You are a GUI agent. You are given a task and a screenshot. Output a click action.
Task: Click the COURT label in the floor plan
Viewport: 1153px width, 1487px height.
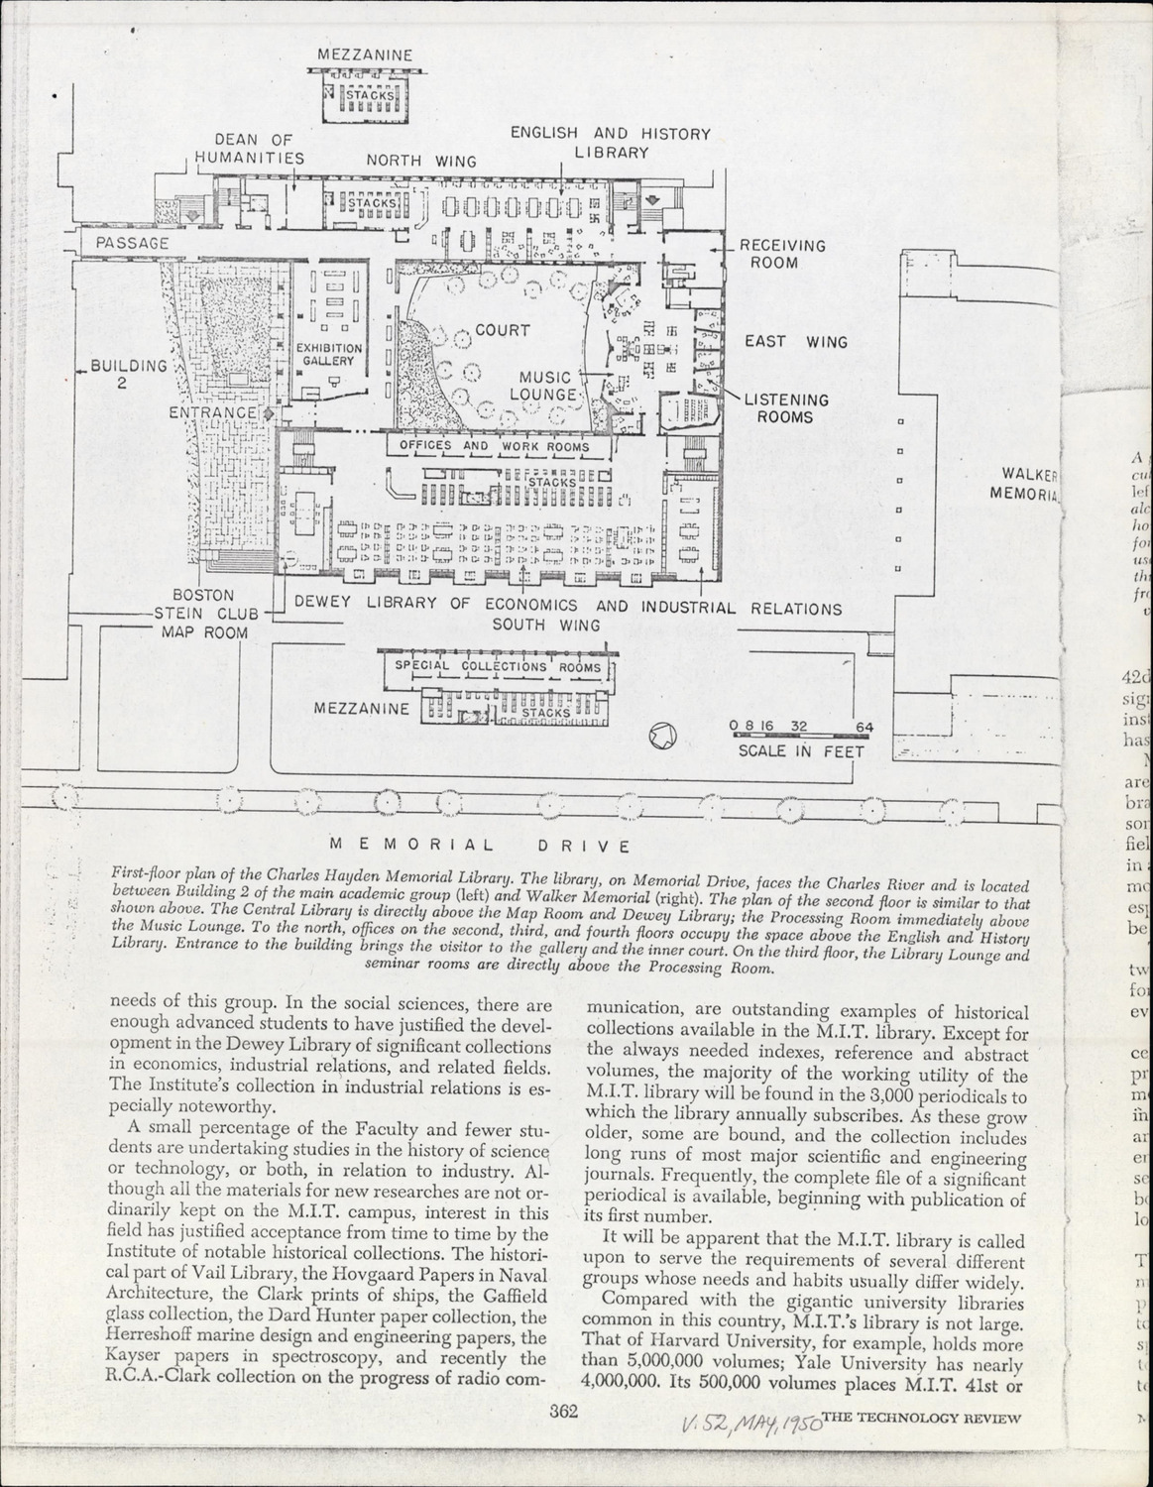click(502, 330)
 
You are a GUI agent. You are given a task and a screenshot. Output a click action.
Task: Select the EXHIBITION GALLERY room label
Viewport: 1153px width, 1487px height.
click(329, 355)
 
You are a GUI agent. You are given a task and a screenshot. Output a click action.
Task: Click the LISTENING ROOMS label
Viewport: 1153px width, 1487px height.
click(786, 408)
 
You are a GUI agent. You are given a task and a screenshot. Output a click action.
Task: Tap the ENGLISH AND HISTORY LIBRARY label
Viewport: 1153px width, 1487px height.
click(611, 143)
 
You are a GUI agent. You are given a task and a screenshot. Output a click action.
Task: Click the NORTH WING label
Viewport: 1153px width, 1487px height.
click(421, 161)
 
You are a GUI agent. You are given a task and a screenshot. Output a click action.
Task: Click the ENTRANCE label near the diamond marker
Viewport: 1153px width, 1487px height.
click(212, 411)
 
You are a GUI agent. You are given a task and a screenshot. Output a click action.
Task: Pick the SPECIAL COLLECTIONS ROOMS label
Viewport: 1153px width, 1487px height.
click(498, 666)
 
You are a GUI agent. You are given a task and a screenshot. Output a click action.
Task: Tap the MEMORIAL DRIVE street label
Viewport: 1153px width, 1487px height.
click(480, 846)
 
